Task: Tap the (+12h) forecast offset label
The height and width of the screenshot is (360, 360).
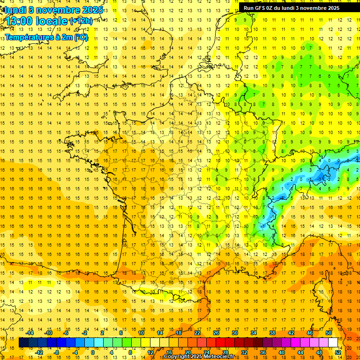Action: (x=81, y=21)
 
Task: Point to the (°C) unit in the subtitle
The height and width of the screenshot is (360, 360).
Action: (x=81, y=37)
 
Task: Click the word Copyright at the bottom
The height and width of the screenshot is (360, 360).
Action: (x=176, y=357)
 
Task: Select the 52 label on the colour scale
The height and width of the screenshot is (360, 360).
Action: (x=337, y=352)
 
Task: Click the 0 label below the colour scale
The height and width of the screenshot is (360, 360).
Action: (x=93, y=352)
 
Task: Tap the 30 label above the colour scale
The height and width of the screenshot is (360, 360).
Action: (x=234, y=333)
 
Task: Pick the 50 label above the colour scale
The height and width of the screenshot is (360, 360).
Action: (x=328, y=333)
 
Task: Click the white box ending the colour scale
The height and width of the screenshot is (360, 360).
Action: (x=333, y=343)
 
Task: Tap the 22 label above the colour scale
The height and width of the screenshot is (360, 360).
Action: (x=197, y=333)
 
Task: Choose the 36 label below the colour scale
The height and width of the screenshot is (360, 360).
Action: (x=262, y=352)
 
